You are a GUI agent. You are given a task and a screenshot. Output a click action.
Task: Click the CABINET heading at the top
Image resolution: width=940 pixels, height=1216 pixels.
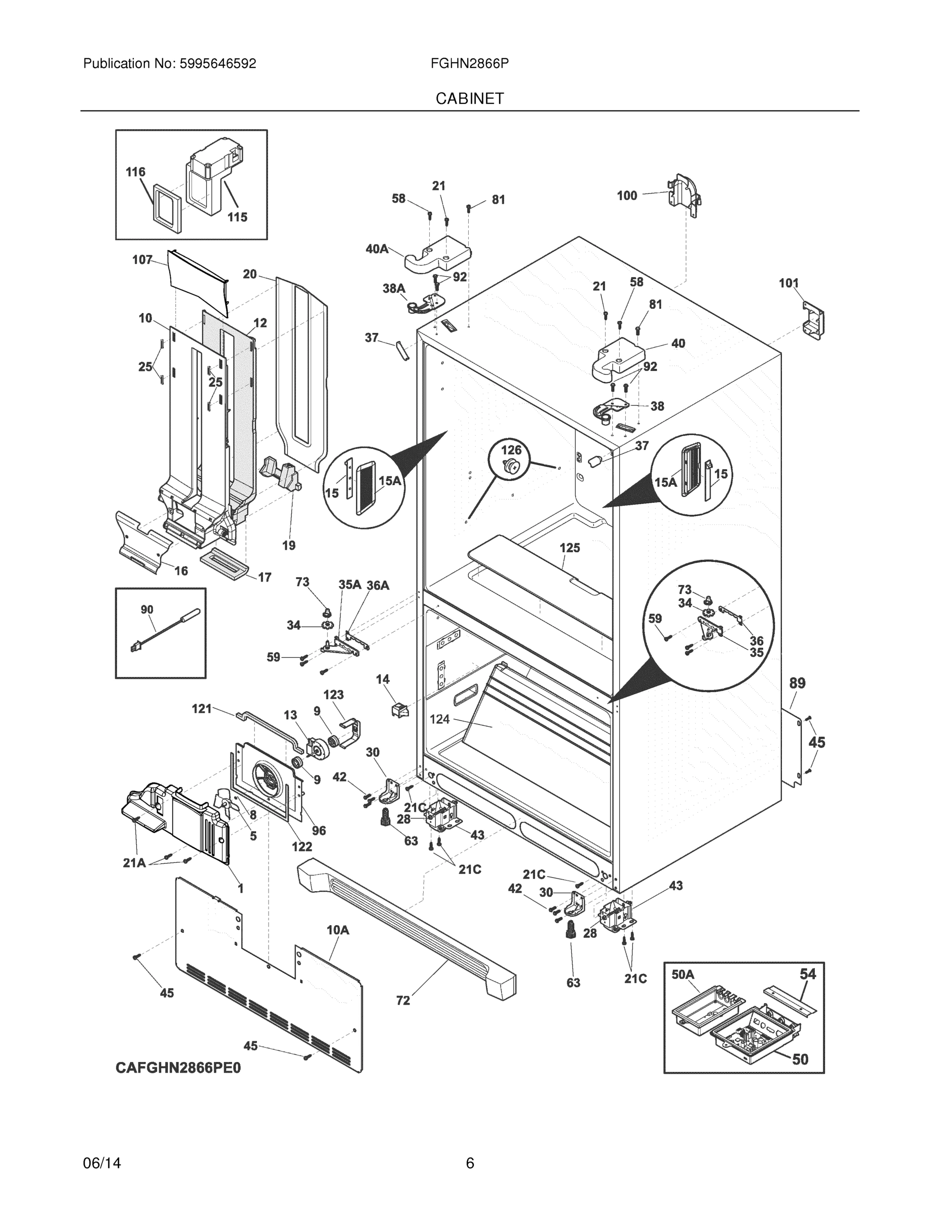pyautogui.click(x=469, y=99)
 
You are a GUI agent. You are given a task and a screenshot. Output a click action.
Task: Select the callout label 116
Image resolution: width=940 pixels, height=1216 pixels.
pyautogui.click(x=135, y=172)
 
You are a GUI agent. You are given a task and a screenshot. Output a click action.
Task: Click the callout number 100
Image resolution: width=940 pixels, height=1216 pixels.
pyautogui.click(x=626, y=196)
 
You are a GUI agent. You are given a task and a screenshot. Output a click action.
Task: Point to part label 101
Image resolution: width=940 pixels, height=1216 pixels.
pyautogui.click(x=788, y=283)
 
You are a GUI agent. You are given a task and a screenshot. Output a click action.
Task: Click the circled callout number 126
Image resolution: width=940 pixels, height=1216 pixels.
pyautogui.click(x=511, y=450)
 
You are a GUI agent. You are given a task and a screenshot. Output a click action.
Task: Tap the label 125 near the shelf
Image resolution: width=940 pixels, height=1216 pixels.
pyautogui.click(x=570, y=548)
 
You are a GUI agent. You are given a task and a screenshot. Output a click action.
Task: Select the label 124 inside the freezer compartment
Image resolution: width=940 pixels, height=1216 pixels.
pyautogui.click(x=439, y=719)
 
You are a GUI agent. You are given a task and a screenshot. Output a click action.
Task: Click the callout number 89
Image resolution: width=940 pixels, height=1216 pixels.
pyautogui.click(x=798, y=683)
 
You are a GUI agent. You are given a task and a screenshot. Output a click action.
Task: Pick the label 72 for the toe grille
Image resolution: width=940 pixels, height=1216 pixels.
pyautogui.click(x=403, y=1001)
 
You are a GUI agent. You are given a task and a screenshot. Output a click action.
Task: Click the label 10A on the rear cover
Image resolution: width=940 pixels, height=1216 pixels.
pyautogui.click(x=337, y=930)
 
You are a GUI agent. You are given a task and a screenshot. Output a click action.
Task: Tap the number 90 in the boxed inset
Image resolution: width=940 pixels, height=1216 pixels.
pyautogui.click(x=147, y=610)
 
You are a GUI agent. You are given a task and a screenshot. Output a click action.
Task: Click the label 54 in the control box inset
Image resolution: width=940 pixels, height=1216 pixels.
pyautogui.click(x=807, y=974)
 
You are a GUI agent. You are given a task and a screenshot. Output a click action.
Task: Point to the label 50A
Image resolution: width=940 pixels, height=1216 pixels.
pyautogui.click(x=683, y=974)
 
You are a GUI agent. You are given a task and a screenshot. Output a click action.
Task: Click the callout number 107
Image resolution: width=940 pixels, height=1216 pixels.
pyautogui.click(x=142, y=259)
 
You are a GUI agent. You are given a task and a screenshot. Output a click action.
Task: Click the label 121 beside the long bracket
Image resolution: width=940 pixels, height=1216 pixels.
pyautogui.click(x=202, y=708)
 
